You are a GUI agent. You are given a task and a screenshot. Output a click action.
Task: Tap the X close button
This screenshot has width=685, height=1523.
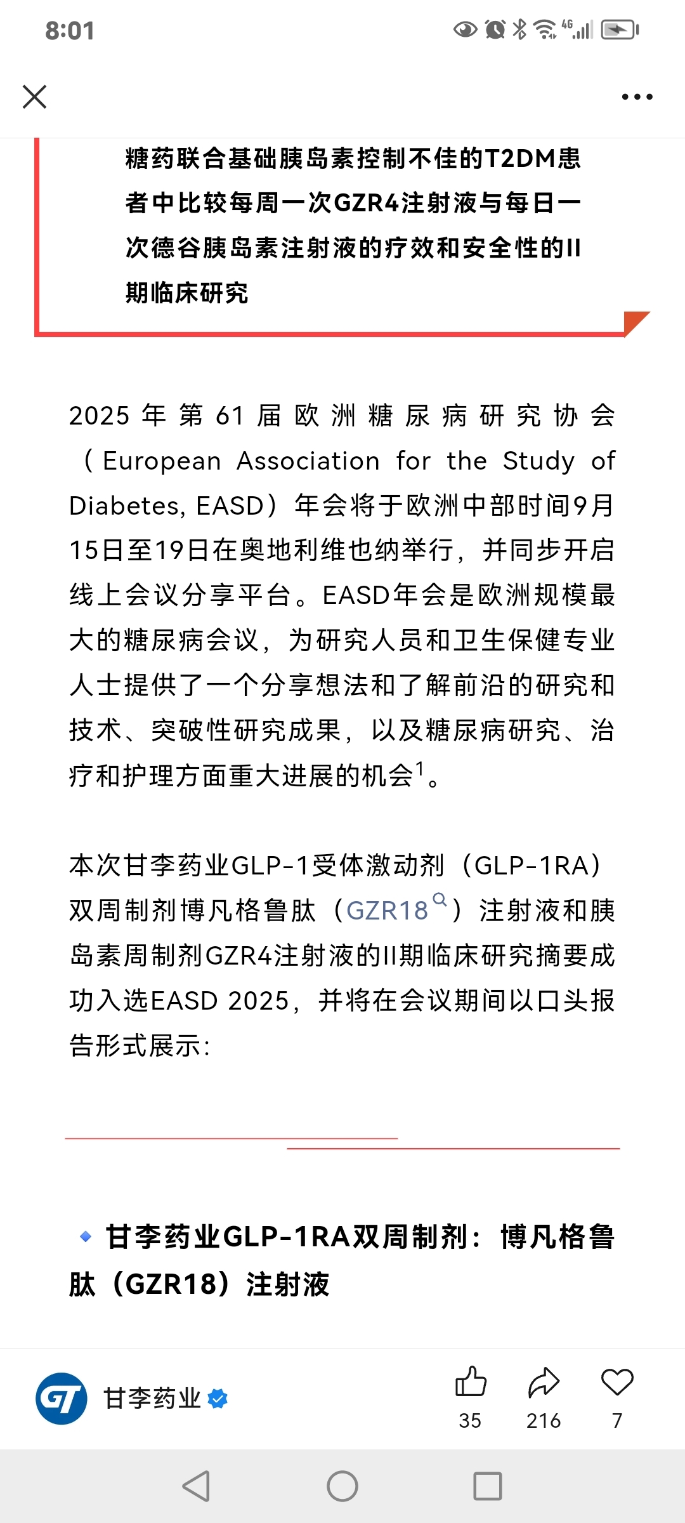[34, 97]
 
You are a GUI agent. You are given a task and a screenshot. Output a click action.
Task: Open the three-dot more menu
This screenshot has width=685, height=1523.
[637, 97]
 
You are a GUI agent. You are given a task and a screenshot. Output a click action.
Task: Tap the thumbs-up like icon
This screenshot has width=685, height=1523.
[471, 1382]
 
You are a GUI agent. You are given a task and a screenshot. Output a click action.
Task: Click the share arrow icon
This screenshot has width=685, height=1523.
[544, 1383]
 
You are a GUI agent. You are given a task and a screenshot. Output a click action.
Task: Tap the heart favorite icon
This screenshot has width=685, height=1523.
[617, 1382]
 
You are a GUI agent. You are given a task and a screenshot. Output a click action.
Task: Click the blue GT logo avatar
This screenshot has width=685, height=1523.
[62, 1399]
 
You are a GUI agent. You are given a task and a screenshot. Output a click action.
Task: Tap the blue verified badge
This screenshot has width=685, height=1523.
[218, 1399]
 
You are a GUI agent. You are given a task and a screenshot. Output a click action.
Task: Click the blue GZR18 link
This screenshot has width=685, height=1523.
[388, 911]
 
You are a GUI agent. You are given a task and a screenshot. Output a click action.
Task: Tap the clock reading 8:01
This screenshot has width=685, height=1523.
[70, 30]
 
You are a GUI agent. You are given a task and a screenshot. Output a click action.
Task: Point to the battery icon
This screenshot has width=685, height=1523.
[620, 29]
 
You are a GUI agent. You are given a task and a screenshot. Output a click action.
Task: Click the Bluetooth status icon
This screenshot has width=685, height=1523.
[519, 29]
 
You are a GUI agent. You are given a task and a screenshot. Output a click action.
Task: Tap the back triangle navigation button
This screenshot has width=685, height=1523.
[197, 1486]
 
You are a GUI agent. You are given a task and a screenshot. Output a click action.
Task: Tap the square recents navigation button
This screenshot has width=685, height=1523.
[488, 1486]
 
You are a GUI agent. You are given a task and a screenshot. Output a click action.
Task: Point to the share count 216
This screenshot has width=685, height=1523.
[544, 1421]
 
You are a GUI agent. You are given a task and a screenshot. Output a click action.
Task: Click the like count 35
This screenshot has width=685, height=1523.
[470, 1421]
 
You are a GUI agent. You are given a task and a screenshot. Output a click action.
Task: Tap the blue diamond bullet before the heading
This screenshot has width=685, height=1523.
[86, 1237]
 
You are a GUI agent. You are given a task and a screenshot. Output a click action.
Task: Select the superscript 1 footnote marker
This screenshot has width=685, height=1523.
[419, 769]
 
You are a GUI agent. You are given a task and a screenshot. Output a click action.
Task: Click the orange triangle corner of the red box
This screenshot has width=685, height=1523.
[636, 321]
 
